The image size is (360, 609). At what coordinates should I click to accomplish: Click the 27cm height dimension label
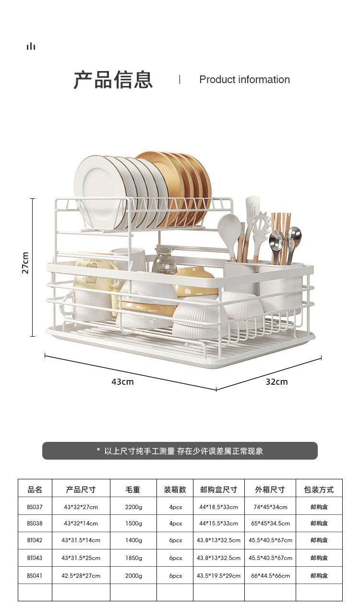25,263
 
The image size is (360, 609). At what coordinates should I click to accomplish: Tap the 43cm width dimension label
122,382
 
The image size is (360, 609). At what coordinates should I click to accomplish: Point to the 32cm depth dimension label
276,382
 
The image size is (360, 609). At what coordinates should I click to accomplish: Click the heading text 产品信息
113,80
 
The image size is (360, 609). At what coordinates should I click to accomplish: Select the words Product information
244,80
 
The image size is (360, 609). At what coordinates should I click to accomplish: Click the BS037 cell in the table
35,507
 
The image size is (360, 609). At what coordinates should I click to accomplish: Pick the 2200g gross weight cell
133,507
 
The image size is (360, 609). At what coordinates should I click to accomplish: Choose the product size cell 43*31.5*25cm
81,558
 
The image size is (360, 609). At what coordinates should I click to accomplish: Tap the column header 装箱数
175,490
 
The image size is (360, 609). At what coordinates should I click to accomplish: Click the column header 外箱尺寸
270,490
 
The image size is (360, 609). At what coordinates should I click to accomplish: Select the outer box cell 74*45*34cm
270,507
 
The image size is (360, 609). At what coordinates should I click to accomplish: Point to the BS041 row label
35,575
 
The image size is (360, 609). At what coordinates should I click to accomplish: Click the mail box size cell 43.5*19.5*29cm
218,575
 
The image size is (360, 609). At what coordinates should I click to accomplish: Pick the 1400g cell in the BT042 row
133,540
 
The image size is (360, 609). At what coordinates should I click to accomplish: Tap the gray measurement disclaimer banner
180,451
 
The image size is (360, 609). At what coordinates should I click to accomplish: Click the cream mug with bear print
94,283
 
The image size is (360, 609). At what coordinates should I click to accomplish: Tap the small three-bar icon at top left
31,46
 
